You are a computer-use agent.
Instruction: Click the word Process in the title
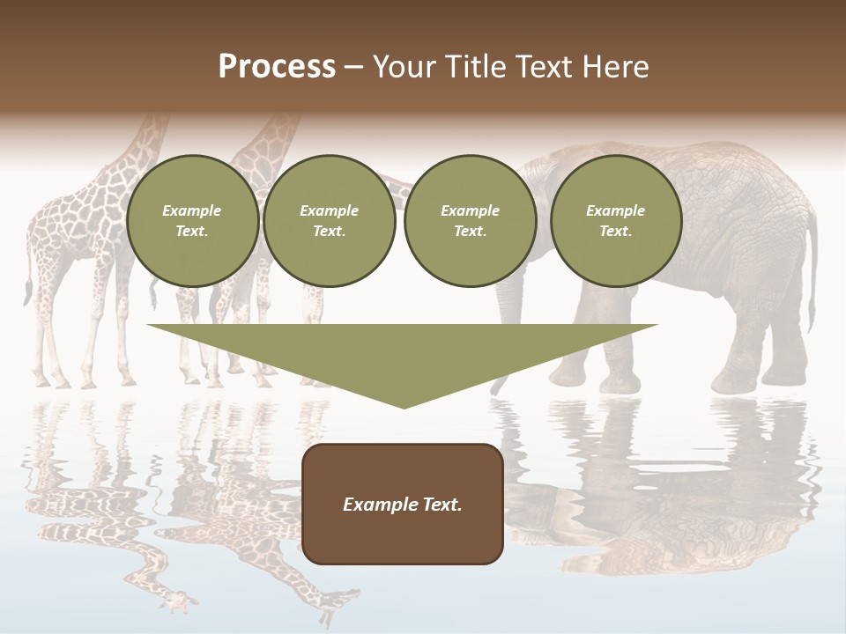[277, 67]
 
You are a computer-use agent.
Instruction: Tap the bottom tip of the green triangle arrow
[403, 406]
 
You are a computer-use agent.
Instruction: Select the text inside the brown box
[403, 505]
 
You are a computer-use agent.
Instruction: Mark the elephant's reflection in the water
[670, 493]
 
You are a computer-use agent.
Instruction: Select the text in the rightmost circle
[615, 221]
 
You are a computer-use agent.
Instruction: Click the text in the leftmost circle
[192, 221]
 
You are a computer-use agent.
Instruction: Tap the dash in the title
[353, 67]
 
